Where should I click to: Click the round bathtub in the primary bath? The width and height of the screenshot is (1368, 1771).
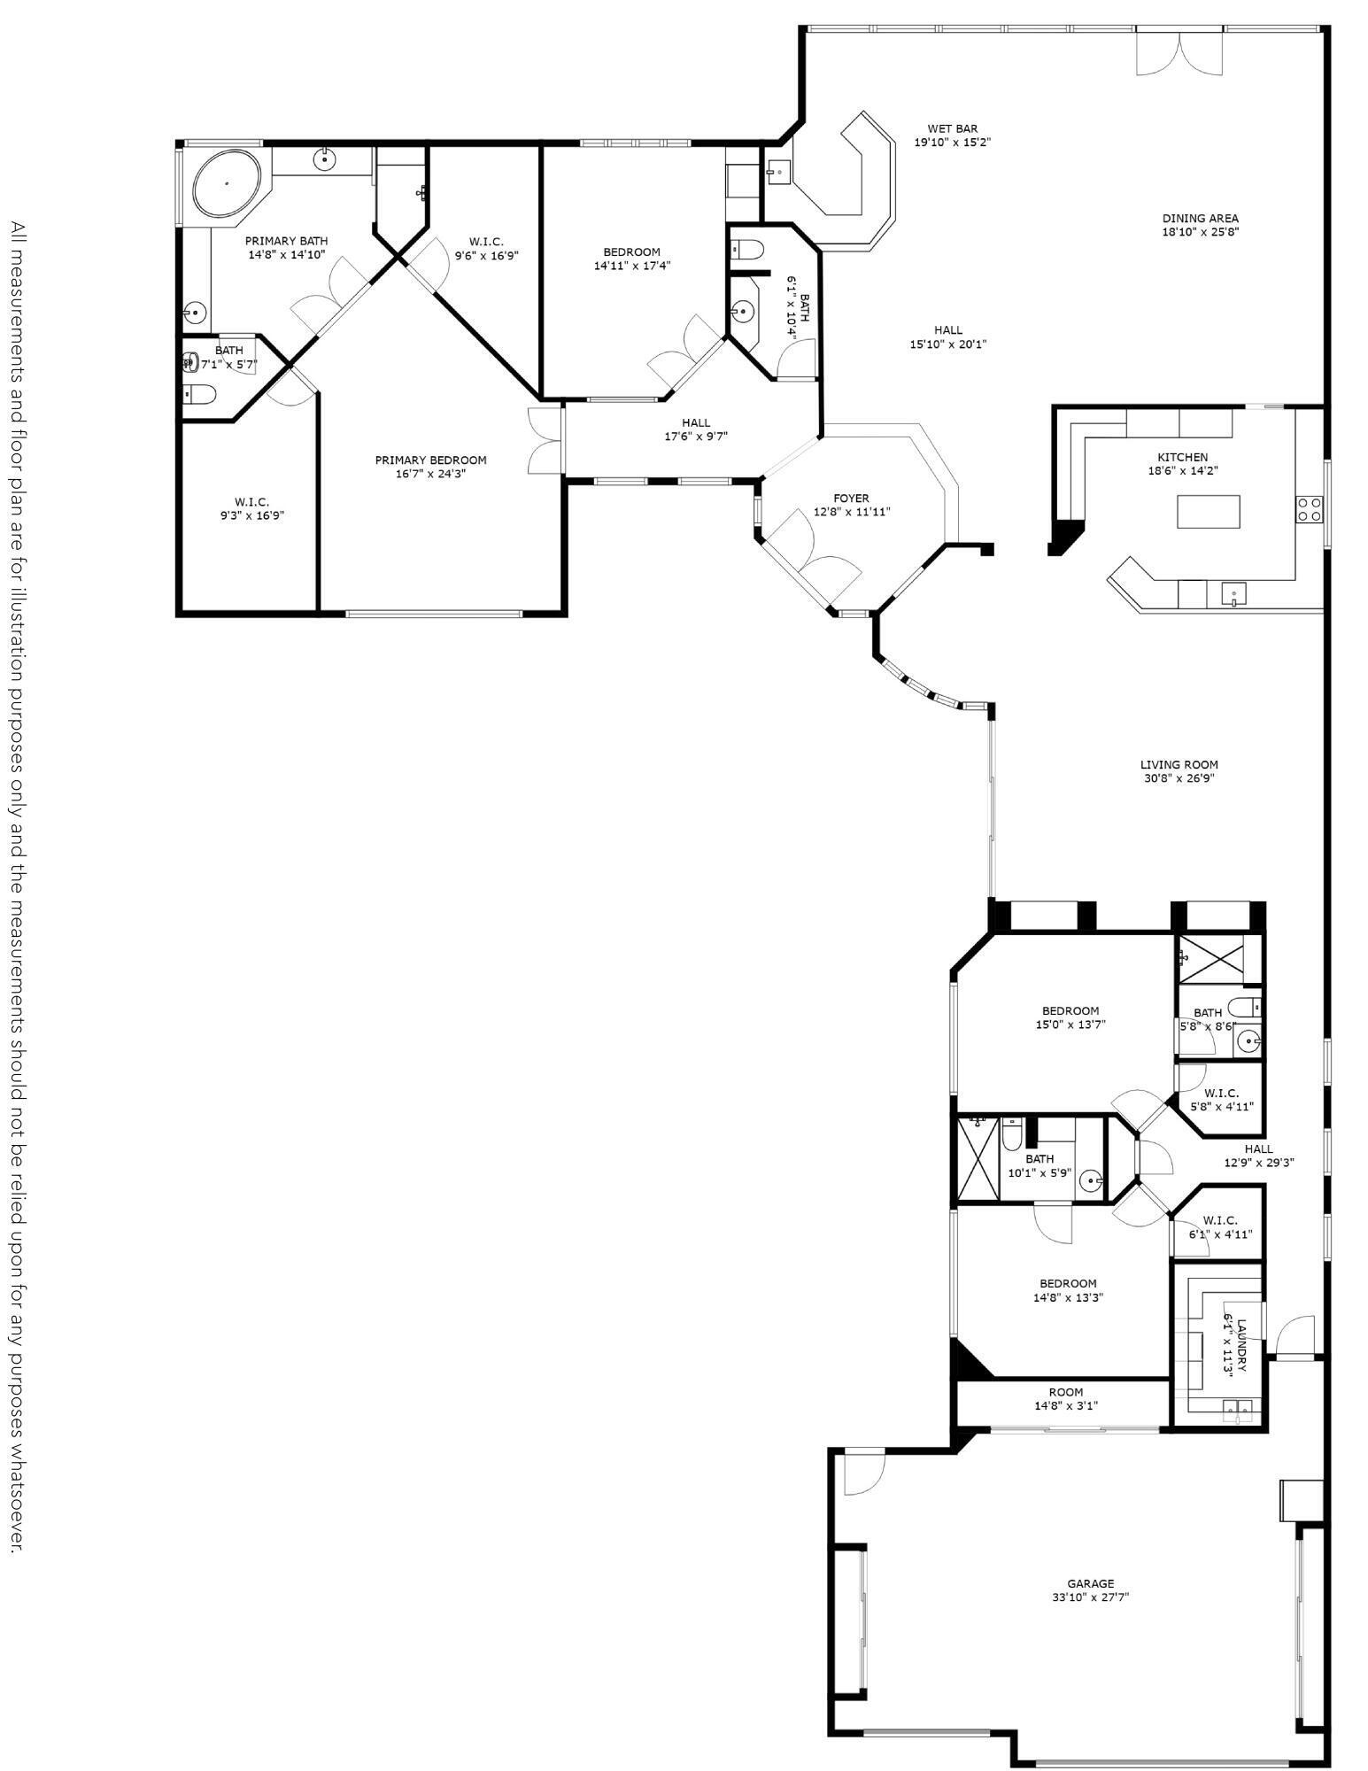coord(228,184)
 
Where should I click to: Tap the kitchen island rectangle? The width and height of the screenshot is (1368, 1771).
coord(1208,511)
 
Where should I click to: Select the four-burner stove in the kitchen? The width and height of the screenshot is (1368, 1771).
coord(1310,509)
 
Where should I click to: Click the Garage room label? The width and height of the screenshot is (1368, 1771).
coord(1090,1583)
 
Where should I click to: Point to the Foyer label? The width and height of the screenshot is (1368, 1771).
coord(851,499)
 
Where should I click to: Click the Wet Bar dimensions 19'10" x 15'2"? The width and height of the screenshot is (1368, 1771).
coord(952,142)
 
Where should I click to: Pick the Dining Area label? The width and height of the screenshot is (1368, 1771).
coord(1200,218)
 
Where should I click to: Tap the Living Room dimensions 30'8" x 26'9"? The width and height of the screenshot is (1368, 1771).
coord(1178,778)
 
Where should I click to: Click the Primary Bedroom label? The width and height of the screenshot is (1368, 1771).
coord(430,460)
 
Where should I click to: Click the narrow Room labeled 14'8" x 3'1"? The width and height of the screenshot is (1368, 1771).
coord(1065,1398)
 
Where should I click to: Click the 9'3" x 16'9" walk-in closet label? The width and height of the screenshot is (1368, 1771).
coord(251,508)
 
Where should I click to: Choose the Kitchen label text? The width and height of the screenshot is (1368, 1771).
coord(1182,457)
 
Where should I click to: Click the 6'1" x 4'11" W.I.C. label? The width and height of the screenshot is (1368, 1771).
coord(1219,1226)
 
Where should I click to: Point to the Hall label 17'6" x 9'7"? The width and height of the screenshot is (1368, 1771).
coord(695,429)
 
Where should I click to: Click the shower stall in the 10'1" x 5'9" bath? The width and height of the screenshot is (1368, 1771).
coord(978,1158)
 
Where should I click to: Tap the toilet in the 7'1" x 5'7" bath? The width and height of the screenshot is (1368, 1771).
coord(198,395)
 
